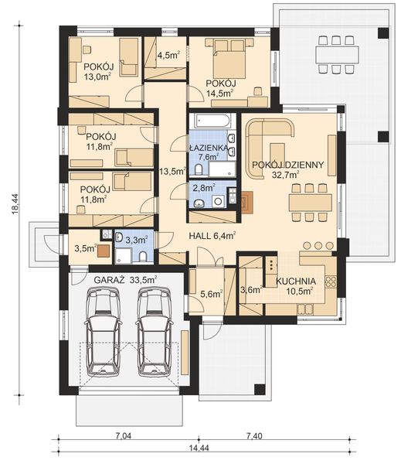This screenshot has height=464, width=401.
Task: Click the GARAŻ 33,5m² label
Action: (125, 280)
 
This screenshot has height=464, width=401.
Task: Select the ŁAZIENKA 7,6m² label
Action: (209, 152)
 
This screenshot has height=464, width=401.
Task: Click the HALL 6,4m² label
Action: (212, 236)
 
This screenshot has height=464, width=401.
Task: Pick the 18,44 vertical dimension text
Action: (15, 203)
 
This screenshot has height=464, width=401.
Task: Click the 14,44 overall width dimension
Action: (199, 448)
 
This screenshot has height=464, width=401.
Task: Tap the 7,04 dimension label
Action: (123, 436)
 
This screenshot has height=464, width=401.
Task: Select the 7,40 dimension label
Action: (254, 436)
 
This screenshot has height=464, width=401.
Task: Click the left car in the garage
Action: (103, 332)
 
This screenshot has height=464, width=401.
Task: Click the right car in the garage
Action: (155, 332)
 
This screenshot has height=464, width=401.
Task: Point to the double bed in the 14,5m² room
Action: (229, 58)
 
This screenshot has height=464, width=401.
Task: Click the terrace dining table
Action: (337, 54)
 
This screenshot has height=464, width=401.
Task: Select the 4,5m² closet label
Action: (169, 55)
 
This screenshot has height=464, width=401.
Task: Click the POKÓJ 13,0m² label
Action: (98, 72)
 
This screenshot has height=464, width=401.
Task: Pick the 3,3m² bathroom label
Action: (136, 240)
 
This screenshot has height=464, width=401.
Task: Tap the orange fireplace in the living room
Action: (247, 203)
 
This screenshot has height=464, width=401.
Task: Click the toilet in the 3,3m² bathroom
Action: (143, 257)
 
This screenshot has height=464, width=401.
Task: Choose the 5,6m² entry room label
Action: (212, 294)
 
